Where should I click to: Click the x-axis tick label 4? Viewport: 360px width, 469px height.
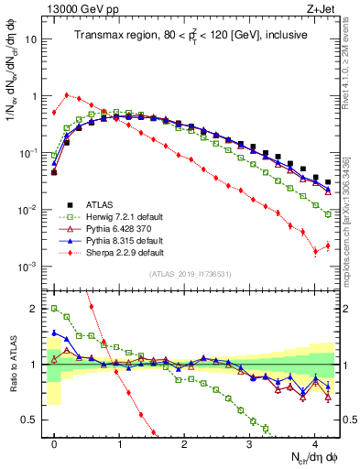pyautogui.click(x=314, y=441)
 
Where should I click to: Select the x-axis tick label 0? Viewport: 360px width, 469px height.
pyautogui.click(x=54, y=441)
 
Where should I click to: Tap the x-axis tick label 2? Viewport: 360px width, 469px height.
pyautogui.click(x=184, y=441)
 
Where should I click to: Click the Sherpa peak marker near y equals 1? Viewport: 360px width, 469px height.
pyautogui.click(x=67, y=94)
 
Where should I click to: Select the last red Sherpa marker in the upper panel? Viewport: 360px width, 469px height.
pyautogui.click(x=328, y=245)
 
